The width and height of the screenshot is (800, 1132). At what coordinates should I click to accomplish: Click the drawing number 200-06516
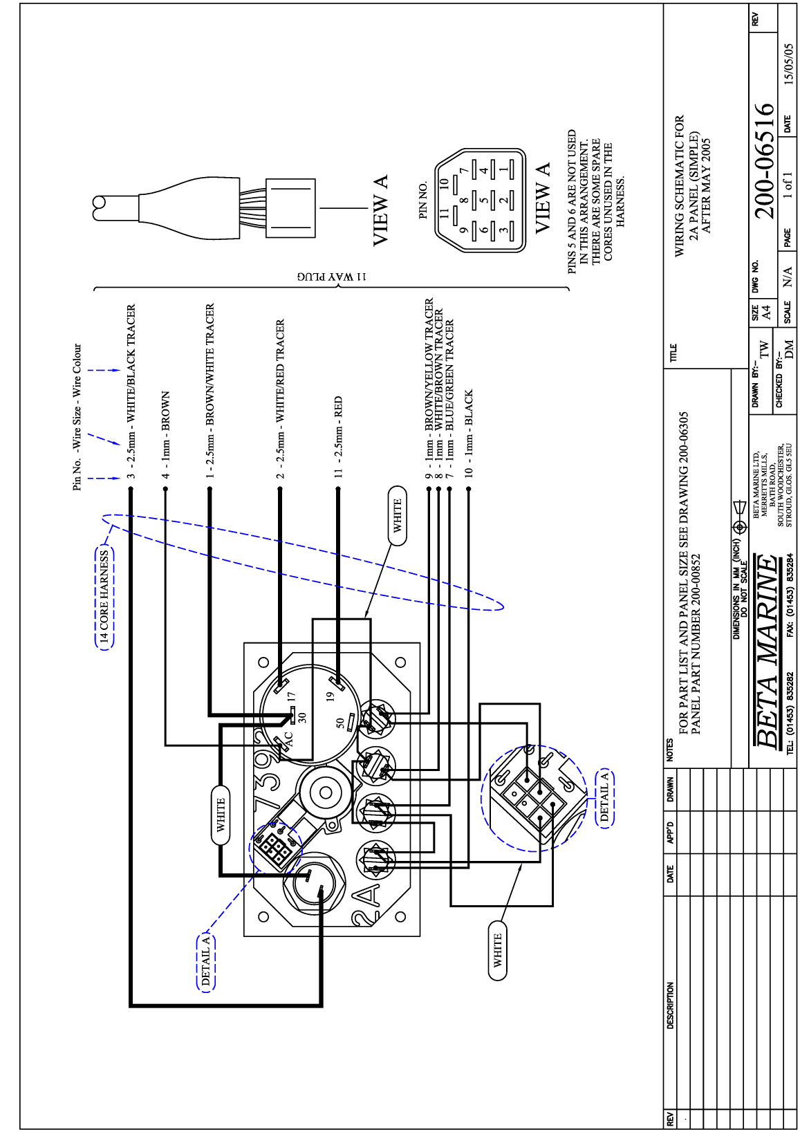pyautogui.click(x=764, y=160)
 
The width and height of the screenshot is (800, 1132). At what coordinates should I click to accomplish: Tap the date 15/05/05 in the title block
pyautogui.click(x=789, y=64)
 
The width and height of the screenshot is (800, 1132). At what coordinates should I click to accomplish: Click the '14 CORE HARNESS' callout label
pyautogui.click(x=104, y=597)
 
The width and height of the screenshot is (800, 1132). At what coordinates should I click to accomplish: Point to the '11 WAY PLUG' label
pyautogui.click(x=332, y=277)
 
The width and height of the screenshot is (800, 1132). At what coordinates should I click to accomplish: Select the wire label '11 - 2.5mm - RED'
pyautogui.click(x=339, y=436)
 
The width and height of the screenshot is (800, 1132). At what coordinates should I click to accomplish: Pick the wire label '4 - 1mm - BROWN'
pyautogui.click(x=166, y=435)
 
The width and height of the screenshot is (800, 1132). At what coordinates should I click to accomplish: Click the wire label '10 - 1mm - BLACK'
pyautogui.click(x=469, y=433)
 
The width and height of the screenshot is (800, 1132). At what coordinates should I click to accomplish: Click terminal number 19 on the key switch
pyautogui.click(x=330, y=696)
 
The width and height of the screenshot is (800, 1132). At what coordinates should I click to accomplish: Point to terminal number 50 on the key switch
pyautogui.click(x=339, y=723)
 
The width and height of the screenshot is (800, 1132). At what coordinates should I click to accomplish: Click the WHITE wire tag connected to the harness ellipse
pyautogui.click(x=398, y=516)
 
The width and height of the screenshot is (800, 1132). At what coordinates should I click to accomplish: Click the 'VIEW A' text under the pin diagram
pyautogui.click(x=543, y=198)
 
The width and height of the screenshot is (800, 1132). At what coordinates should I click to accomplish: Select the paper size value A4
pyautogui.click(x=766, y=313)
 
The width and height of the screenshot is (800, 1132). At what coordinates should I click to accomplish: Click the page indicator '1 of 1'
pyautogui.click(x=789, y=185)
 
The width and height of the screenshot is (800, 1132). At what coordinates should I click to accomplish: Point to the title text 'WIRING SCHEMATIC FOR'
pyautogui.click(x=680, y=185)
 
